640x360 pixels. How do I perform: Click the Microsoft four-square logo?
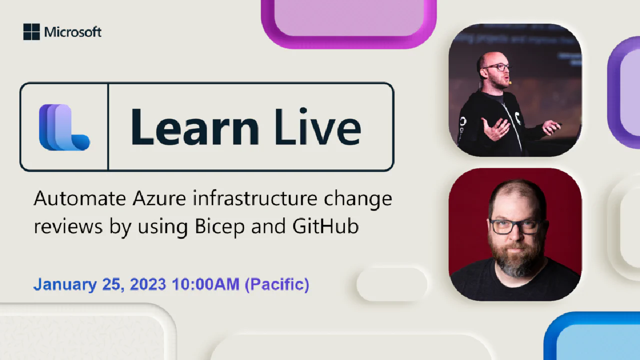[x=31, y=32]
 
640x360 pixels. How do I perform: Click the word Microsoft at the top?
[x=73, y=32]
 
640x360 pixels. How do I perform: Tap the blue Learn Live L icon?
[x=64, y=127]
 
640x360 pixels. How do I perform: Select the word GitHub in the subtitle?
[x=325, y=226]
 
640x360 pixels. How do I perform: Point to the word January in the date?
[x=64, y=284]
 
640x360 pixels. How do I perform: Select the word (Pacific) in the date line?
[x=278, y=284]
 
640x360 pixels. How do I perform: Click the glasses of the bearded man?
[x=515, y=226]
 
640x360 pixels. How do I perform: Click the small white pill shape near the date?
[x=392, y=284]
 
